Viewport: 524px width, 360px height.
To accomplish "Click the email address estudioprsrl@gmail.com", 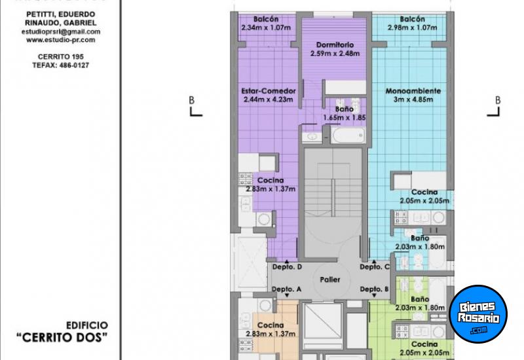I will [61, 31].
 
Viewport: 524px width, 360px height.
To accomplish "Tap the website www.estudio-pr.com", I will [61, 40].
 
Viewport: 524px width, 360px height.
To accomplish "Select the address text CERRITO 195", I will [61, 57].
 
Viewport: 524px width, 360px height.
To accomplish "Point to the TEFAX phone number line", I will [61, 65].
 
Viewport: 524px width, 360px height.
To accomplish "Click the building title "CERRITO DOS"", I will [62, 337].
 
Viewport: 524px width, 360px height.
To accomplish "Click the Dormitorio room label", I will [334, 45].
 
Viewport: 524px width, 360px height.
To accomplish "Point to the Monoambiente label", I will [413, 90].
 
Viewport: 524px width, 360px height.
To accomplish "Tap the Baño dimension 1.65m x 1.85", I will [344, 118].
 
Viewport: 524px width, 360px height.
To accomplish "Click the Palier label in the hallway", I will [329, 279].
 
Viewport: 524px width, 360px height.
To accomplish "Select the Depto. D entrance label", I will [286, 267].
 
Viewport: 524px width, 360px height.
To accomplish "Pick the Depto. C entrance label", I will [375, 267].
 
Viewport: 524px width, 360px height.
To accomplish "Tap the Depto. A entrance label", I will [286, 289].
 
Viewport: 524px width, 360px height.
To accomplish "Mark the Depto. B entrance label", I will [375, 289].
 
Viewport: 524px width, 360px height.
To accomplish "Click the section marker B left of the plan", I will [192, 100].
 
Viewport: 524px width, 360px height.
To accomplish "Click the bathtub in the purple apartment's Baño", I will [347, 135].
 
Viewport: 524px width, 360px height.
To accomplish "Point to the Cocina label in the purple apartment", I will [270, 180].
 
